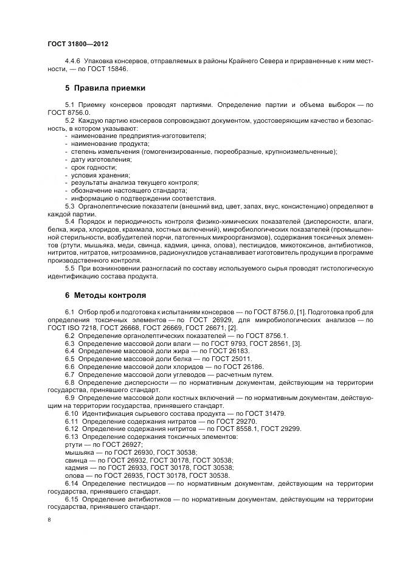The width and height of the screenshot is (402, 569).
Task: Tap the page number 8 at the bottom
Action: pyautogui.click(x=49, y=520)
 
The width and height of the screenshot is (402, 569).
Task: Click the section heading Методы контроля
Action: pyautogui.click(x=110, y=295)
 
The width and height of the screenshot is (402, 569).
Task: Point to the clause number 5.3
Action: pyautogui.click(x=69, y=207)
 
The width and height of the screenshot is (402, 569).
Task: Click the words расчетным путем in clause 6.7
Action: pyautogui.click(x=249, y=375)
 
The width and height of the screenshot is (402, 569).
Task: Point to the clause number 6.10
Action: pyautogui.click(x=72, y=414)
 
